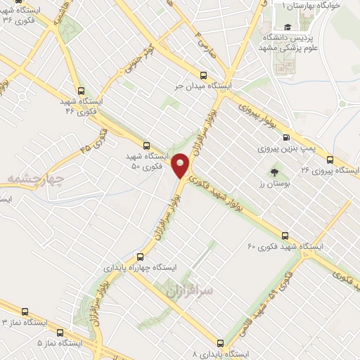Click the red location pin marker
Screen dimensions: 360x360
pos(181,165)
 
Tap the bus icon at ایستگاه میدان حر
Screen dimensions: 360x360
pos(203,75)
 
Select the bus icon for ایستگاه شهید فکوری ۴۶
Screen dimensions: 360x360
pos(82,91)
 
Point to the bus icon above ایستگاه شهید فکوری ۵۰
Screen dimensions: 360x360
pos(146,144)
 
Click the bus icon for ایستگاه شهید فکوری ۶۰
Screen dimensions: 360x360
pos(285,236)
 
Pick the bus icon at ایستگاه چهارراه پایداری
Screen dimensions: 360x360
pos(140,257)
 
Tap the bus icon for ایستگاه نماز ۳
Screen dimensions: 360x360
pos(25,311)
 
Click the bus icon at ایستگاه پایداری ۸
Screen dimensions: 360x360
pos(220,343)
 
